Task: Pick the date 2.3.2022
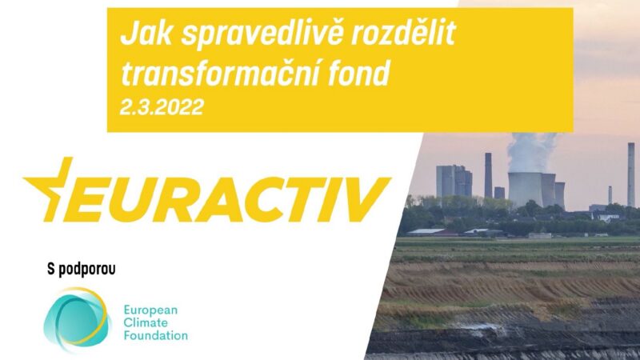pos(162,106)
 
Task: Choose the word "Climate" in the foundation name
pos(145,322)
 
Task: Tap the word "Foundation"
pos(155,335)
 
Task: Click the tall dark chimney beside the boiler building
pos(488,175)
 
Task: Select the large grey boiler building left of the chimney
pos(454,182)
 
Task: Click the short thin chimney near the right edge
pos(610,195)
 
